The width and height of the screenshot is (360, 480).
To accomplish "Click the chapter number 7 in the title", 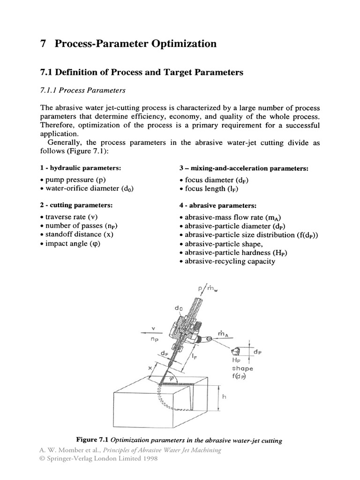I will coord(43,44).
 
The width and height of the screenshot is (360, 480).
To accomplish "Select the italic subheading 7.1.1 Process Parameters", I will coord(82,90).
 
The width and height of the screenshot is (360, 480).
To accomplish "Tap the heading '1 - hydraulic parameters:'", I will coord(81,168).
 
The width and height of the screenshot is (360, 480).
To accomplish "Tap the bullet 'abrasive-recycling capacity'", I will coord(227,261).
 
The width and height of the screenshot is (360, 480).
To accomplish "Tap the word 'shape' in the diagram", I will coord(242,368).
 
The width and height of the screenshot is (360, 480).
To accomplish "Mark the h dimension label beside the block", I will coord(224,396).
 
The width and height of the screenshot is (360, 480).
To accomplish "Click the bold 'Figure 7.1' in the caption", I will coord(92,440).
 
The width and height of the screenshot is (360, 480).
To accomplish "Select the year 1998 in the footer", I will coord(149,458).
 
